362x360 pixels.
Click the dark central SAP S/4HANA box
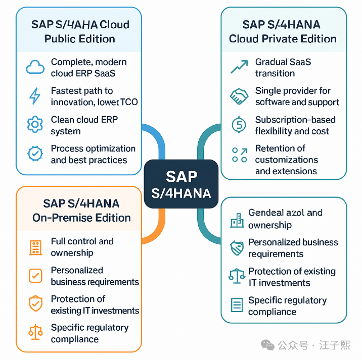180,184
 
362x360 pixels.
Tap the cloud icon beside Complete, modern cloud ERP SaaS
35,67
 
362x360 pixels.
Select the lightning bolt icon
35,96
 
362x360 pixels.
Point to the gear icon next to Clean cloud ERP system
35,125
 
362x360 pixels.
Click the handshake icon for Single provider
238,96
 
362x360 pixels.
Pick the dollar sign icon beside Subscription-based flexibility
238,125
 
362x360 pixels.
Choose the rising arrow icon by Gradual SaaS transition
238,67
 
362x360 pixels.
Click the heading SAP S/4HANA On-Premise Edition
81,211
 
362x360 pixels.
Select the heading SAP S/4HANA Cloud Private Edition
283,31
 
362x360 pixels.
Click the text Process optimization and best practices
93,154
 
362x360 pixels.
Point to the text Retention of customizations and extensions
286,160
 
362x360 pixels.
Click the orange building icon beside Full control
35,247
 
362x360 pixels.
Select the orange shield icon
35,304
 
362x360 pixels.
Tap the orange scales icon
35,332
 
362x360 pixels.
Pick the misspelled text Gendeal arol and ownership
285,219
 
